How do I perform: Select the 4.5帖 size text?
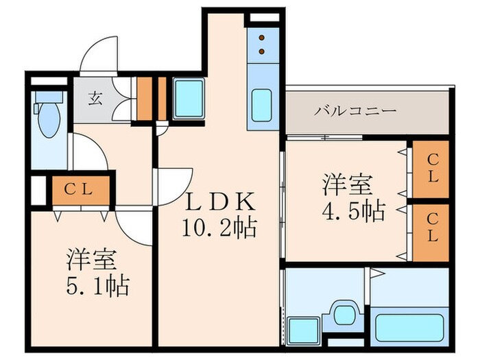tap(353, 210)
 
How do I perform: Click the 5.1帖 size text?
tap(97, 286)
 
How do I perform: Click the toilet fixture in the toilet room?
tap(49, 117)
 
